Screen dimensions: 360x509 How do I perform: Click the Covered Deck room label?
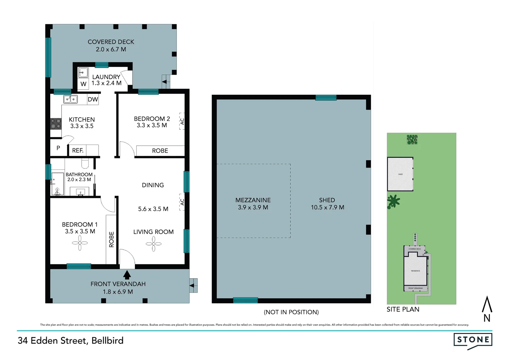pos(111,42)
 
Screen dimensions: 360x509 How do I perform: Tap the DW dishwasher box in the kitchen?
pos(93,99)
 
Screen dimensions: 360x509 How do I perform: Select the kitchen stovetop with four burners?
pos(56,124)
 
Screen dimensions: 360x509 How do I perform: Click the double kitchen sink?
pos(70,99)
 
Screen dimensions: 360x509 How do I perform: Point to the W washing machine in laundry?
pos(83,84)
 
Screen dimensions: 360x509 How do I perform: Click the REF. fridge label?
pos(78,151)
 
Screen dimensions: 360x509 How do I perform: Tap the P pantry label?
pos(58,148)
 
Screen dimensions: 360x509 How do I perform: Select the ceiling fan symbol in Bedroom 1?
pos(80,243)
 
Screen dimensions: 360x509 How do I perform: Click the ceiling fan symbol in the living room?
pos(154,244)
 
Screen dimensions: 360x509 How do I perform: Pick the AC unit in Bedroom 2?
pos(182,121)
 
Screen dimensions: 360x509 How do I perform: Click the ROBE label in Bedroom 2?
pos(160,151)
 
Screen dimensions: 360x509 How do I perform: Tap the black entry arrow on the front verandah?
pos(127,275)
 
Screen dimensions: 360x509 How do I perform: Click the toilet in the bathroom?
pos(85,163)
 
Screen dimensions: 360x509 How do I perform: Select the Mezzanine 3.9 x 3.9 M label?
pos(253,204)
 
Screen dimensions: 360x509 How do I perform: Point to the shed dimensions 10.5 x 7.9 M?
pos(327,207)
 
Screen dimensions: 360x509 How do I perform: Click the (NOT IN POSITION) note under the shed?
pos(291,312)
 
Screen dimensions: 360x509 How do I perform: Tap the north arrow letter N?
pos(487,318)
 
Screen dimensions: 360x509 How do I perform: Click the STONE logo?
pos(473,340)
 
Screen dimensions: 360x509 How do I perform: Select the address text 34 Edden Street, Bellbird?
pos(71,340)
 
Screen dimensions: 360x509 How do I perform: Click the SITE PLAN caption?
pos(403,309)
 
